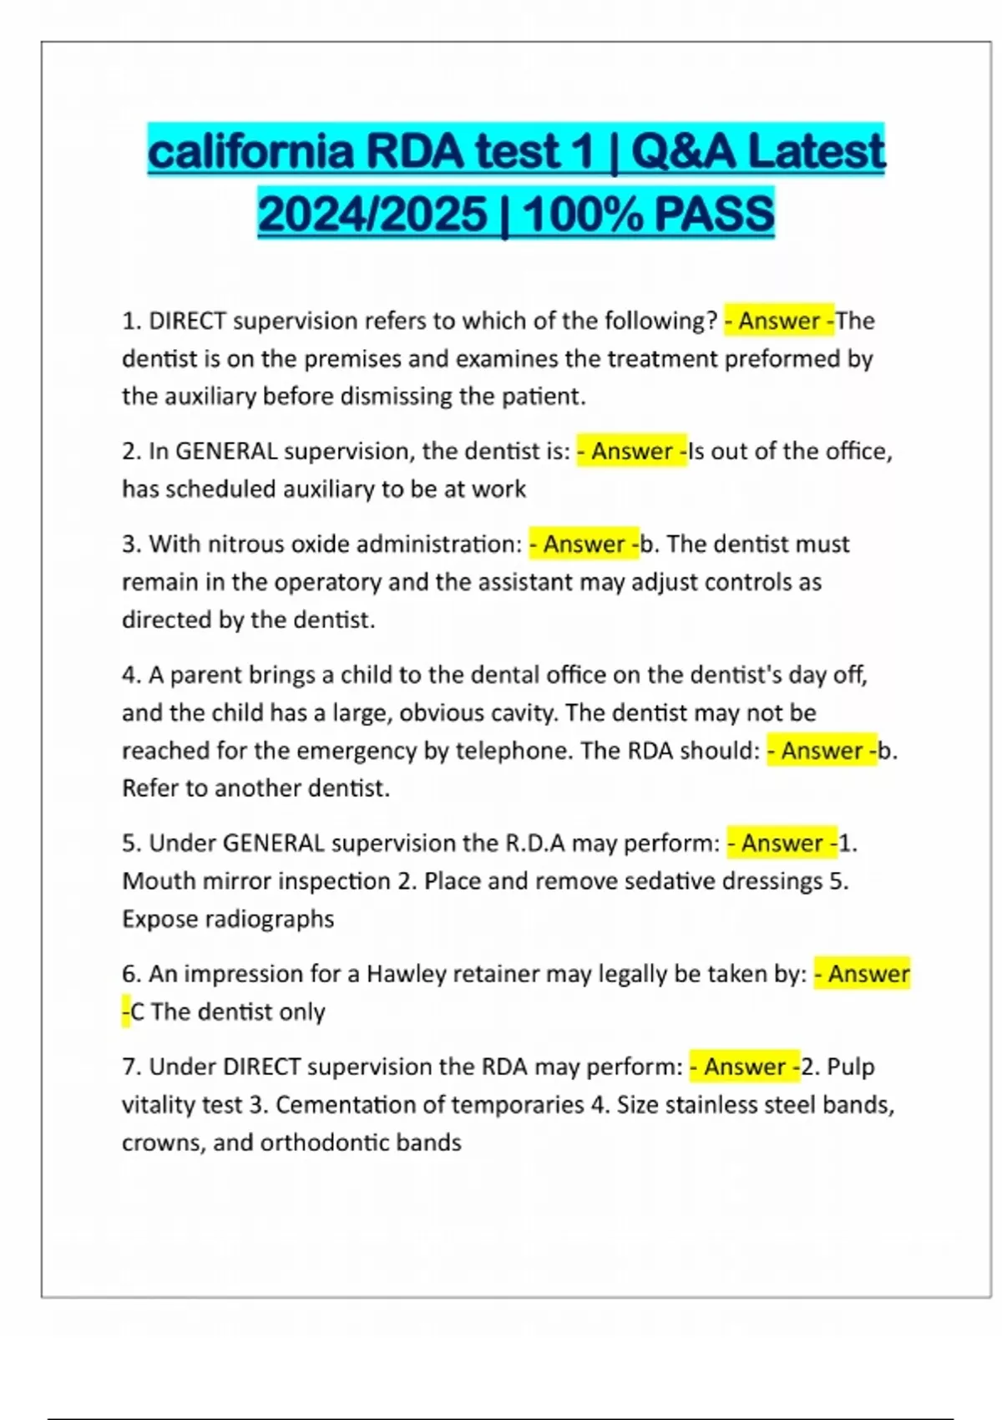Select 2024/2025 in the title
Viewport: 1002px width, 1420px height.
tap(372, 214)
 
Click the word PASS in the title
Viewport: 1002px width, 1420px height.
tap(714, 214)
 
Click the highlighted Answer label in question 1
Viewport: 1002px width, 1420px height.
tap(778, 321)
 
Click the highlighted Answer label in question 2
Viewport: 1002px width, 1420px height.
tap(631, 451)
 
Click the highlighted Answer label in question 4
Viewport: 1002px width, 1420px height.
tap(822, 751)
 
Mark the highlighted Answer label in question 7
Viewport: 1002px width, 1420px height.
tap(744, 1067)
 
